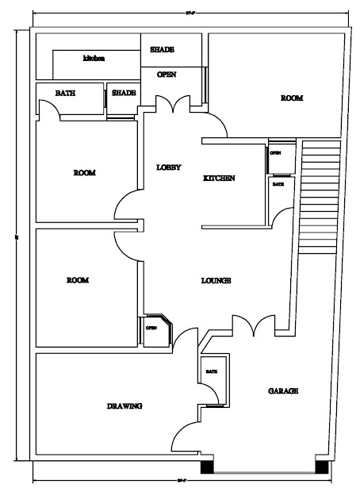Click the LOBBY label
click(x=169, y=167)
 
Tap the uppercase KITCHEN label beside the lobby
click(x=219, y=179)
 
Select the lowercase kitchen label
click(x=94, y=58)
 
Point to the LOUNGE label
click(x=216, y=280)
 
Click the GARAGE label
click(x=283, y=391)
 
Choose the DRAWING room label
click(x=124, y=406)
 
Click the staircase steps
click(x=320, y=196)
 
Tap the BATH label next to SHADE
click(x=65, y=93)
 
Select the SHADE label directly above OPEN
click(x=163, y=50)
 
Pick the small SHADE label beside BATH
click(x=124, y=93)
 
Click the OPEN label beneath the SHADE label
click(x=167, y=75)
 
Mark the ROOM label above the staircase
click(x=292, y=98)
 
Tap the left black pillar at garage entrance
click(x=206, y=467)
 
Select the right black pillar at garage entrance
click(x=321, y=467)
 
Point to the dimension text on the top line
click(x=190, y=14)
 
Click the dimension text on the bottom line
click(x=182, y=481)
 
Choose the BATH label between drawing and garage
click(x=212, y=371)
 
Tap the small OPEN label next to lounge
click(x=151, y=327)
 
